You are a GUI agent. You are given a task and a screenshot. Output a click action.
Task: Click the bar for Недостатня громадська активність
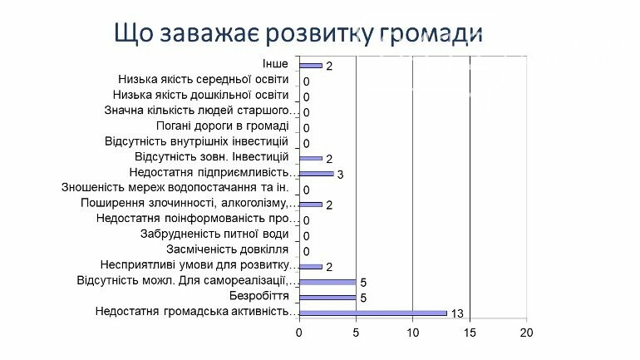click(x=373, y=313)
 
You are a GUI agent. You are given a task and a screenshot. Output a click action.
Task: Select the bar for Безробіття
click(x=327, y=298)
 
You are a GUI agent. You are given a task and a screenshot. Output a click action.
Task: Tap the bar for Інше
click(x=311, y=66)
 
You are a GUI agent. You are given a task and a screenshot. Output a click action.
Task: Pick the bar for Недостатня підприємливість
click(x=317, y=174)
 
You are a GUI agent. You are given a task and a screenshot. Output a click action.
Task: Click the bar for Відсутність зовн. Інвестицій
click(x=311, y=158)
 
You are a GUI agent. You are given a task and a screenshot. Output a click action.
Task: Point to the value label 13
click(x=457, y=313)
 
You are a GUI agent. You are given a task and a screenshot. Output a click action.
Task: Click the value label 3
click(x=340, y=175)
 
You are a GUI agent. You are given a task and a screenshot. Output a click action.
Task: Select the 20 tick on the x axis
click(x=526, y=333)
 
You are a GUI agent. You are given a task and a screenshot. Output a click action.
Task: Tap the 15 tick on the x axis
click(x=470, y=333)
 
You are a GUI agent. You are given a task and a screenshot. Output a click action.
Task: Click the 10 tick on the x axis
click(x=413, y=333)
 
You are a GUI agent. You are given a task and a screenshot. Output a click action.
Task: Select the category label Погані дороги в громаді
click(x=223, y=126)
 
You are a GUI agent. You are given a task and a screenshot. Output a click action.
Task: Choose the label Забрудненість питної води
click(x=214, y=234)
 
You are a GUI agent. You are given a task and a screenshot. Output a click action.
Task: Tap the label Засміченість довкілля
click(x=228, y=249)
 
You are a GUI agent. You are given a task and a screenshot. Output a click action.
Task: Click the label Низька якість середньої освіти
click(x=204, y=80)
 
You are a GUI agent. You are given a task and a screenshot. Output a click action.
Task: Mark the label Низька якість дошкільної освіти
click(x=201, y=95)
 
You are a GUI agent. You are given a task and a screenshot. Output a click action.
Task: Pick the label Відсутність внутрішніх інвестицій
click(x=196, y=141)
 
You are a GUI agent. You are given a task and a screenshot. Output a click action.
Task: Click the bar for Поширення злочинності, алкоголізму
click(x=311, y=205)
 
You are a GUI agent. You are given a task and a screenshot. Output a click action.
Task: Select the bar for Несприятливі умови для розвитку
click(x=311, y=267)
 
